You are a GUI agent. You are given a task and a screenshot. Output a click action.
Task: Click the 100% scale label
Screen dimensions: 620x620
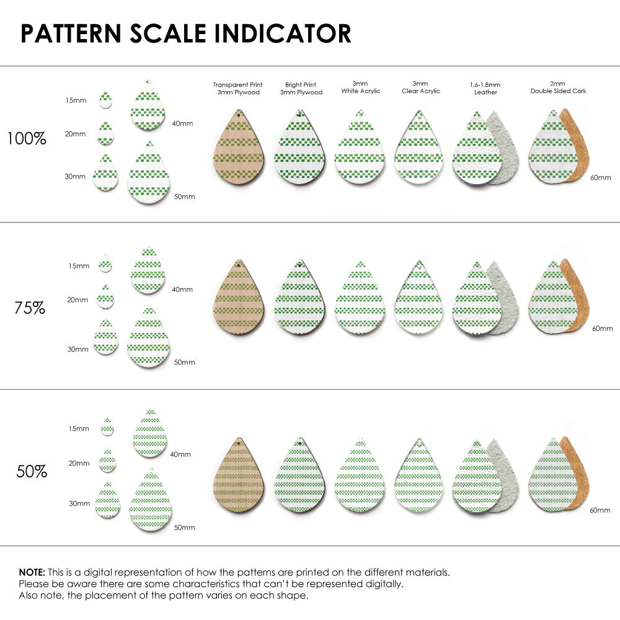(x=27, y=138)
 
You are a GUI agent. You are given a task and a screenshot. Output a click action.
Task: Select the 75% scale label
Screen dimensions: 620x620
(x=30, y=307)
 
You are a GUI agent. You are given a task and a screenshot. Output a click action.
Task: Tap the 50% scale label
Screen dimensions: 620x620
(x=32, y=471)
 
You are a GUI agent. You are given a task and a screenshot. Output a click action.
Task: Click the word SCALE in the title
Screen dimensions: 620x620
(x=164, y=33)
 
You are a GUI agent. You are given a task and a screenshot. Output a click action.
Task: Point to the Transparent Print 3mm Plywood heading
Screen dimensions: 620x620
(x=237, y=88)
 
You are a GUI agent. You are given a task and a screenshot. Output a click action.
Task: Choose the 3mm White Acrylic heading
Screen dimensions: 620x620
(x=360, y=87)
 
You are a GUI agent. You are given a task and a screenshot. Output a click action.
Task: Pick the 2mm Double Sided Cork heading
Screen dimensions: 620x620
(x=558, y=87)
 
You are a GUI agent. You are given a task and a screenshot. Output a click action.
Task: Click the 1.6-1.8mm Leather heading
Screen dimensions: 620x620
(x=485, y=88)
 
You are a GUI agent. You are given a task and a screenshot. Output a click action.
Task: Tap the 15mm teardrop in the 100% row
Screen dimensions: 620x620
(x=105, y=100)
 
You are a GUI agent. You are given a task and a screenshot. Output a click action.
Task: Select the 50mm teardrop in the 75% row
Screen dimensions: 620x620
(x=149, y=339)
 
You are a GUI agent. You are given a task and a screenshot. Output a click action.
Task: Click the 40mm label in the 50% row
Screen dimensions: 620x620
(x=180, y=454)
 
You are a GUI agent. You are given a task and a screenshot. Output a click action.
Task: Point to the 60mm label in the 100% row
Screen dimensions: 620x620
(x=601, y=177)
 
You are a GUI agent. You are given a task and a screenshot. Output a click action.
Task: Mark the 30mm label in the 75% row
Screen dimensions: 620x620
(x=77, y=349)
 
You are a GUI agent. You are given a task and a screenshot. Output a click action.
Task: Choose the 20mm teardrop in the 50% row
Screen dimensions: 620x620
(x=107, y=461)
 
